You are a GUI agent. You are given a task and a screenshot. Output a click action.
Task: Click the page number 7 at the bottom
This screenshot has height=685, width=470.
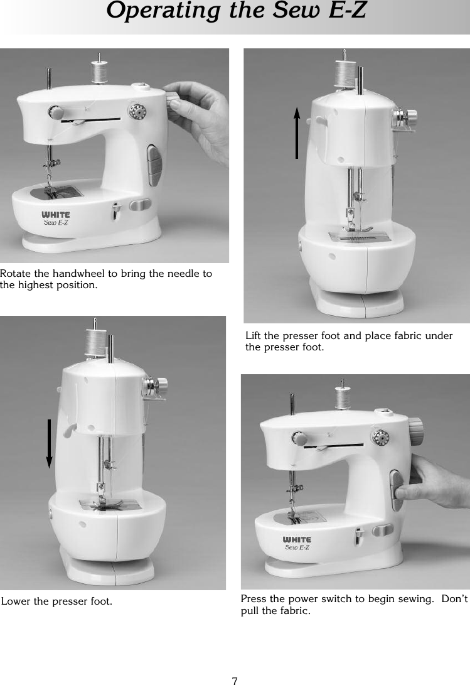tap(234, 681)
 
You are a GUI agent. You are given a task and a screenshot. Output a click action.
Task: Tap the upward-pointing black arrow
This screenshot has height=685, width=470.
tap(297, 132)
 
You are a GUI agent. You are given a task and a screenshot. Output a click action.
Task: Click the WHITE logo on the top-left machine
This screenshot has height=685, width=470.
tap(56, 215)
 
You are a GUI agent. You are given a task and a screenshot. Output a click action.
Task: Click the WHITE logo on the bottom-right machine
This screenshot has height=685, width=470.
tap(297, 540)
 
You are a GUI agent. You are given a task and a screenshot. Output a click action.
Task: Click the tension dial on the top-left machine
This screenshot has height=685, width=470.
tap(136, 112)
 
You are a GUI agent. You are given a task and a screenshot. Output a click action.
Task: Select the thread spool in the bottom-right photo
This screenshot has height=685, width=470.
tap(342, 397)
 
